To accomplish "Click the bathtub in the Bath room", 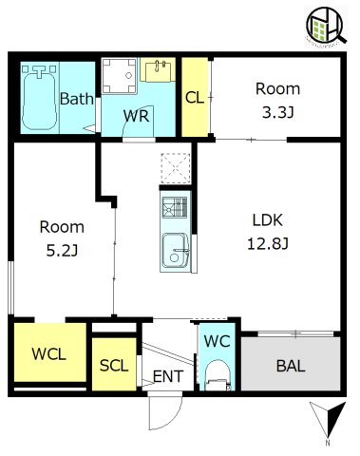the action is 40,97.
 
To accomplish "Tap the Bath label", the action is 77,99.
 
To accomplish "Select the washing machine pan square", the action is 120,76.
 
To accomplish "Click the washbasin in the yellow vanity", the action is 158,69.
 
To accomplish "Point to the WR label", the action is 136,116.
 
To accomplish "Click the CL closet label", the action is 195,98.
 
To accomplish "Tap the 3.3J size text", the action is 278,112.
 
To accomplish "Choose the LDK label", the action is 268,219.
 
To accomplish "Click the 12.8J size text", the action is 268,244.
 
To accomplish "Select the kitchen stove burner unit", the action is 175,207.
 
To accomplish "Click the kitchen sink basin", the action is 176,250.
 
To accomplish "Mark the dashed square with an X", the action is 176,168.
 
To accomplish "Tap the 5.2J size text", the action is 62,251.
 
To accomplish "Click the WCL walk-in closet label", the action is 49,354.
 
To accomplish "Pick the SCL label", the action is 114,366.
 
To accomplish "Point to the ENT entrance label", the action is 168,376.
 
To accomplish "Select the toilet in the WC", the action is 218,375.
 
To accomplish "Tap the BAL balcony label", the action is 291,366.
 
